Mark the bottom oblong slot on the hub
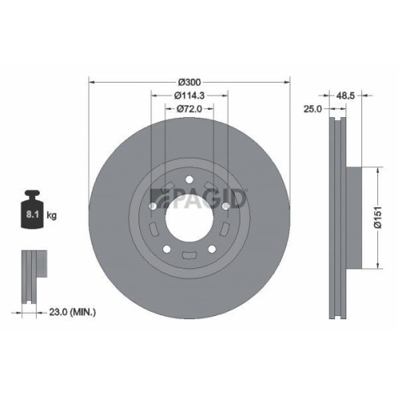(x=189, y=256)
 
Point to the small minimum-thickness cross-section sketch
(x=31, y=275)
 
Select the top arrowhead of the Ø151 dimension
(x=372, y=170)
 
